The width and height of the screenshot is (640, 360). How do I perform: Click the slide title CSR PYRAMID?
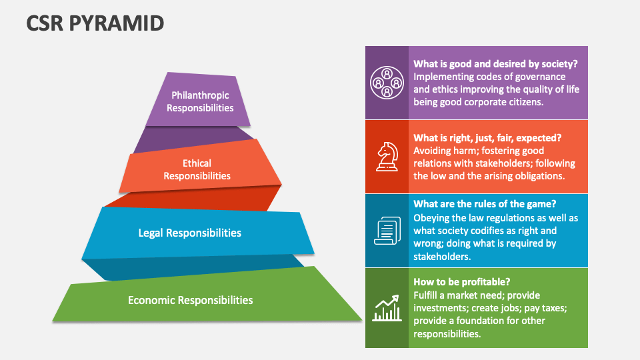[95, 23]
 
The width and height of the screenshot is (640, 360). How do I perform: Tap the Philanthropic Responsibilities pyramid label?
[200, 101]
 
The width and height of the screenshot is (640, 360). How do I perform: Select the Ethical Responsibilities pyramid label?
[197, 169]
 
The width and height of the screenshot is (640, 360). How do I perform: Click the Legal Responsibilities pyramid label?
[190, 233]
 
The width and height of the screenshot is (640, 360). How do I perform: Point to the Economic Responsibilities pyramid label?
[191, 300]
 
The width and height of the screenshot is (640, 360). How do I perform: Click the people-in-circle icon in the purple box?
[387, 83]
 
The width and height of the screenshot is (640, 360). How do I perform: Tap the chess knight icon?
[387, 157]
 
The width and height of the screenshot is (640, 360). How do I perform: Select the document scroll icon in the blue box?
[387, 231]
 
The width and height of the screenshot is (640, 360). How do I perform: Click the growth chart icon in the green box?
[387, 307]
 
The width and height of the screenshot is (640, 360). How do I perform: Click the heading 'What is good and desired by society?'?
[495, 64]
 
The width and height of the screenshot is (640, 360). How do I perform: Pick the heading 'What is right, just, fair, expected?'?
[487, 138]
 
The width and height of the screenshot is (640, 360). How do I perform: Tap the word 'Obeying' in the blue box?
[432, 218]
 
